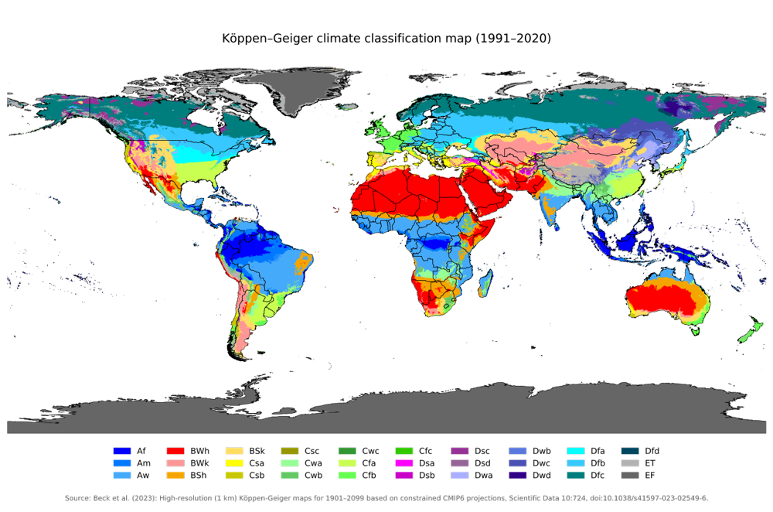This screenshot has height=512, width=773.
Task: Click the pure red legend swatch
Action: click(175, 451)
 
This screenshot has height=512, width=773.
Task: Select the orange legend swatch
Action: click(175, 476)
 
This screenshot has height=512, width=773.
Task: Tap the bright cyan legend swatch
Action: click(574, 451)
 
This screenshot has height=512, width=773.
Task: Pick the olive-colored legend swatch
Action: click(290, 451)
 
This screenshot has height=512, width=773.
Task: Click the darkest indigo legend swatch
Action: click(518, 476)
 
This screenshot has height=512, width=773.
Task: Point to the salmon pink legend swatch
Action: click(175, 463)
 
